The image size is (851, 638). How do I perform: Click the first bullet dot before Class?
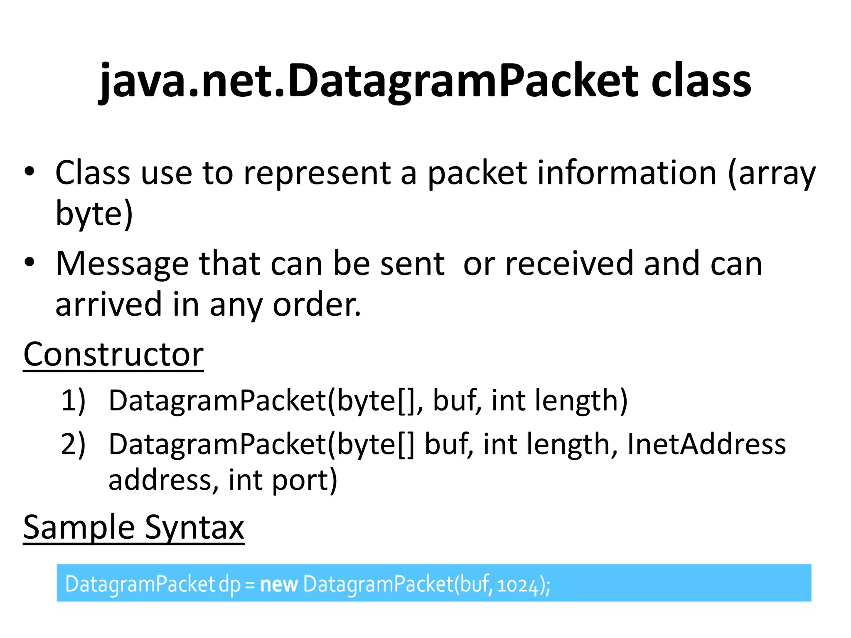coord(29,172)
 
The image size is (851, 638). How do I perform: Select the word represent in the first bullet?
coord(317,173)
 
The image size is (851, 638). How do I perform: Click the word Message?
coord(122,264)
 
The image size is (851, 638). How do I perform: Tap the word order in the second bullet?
coord(317,304)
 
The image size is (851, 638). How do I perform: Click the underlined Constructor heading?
coord(113,354)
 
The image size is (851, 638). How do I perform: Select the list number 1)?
coord(73,400)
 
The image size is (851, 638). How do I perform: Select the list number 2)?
coord(73,444)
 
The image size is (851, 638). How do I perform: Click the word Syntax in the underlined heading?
coord(194,527)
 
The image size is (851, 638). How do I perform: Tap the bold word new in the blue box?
coord(278,584)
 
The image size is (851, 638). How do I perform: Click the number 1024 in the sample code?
coord(517,585)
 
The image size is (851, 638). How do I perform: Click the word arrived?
coord(108,304)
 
